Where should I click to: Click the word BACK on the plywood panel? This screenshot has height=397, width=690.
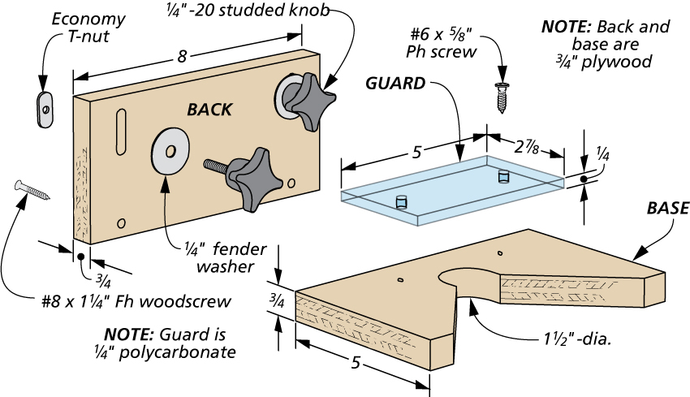click(209, 110)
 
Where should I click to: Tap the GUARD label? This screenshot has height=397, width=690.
click(395, 83)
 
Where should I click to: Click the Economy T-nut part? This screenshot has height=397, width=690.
click(45, 108)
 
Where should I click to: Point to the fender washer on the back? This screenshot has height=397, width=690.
click(169, 151)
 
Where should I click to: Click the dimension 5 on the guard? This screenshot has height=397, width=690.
click(416, 152)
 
